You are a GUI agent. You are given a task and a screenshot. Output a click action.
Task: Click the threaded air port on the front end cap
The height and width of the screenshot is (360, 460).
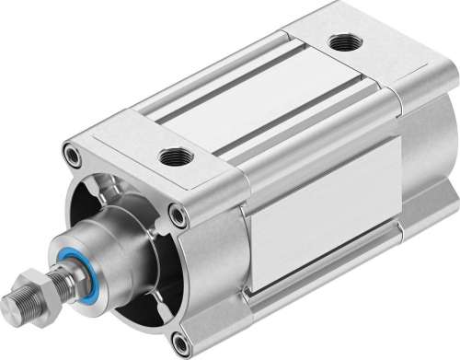click(x=172, y=157)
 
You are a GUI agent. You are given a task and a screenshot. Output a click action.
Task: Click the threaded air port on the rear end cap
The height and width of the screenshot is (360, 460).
click(x=345, y=41)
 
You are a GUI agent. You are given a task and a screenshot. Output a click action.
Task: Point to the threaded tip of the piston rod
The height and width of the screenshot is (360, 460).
click(x=20, y=305)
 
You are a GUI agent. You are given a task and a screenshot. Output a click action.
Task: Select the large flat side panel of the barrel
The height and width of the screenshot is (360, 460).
click(x=313, y=212)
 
